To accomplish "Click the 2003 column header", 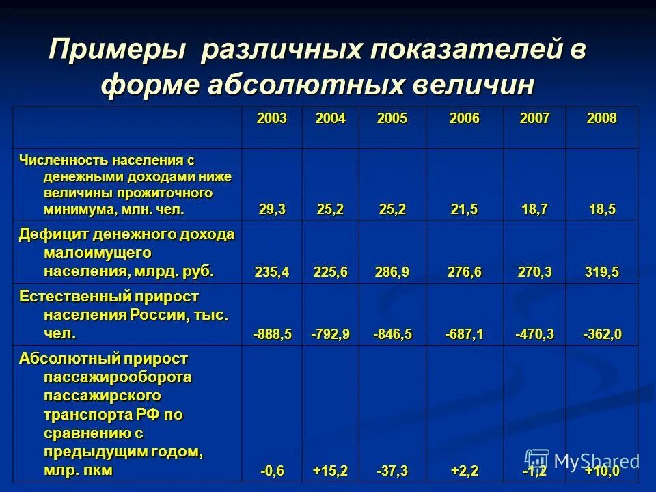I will (272, 119).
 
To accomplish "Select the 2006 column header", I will (465, 119).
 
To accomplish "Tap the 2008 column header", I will (601, 119).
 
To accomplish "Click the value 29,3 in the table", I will (272, 210).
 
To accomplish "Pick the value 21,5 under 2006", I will (465, 210).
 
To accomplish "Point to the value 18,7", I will (534, 210).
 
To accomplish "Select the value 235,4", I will (272, 272).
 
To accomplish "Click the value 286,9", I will (392, 272).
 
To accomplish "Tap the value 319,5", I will (601, 272).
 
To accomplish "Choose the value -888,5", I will (272, 334).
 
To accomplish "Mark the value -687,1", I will (465, 334).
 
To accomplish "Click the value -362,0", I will (601, 334).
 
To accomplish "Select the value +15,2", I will (331, 471).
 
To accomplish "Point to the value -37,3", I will (392, 471).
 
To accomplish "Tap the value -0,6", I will (272, 471).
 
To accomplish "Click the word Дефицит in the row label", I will (53, 234).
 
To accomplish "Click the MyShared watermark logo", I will (582, 461).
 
